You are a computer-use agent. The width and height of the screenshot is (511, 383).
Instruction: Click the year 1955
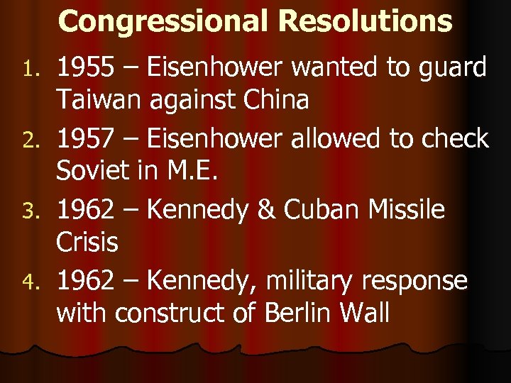tap(86, 68)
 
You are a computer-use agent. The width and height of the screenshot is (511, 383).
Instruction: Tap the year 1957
tap(86, 139)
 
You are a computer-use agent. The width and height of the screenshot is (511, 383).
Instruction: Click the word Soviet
tap(93, 172)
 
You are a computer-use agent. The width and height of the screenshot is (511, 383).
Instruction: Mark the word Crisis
tap(87, 243)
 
